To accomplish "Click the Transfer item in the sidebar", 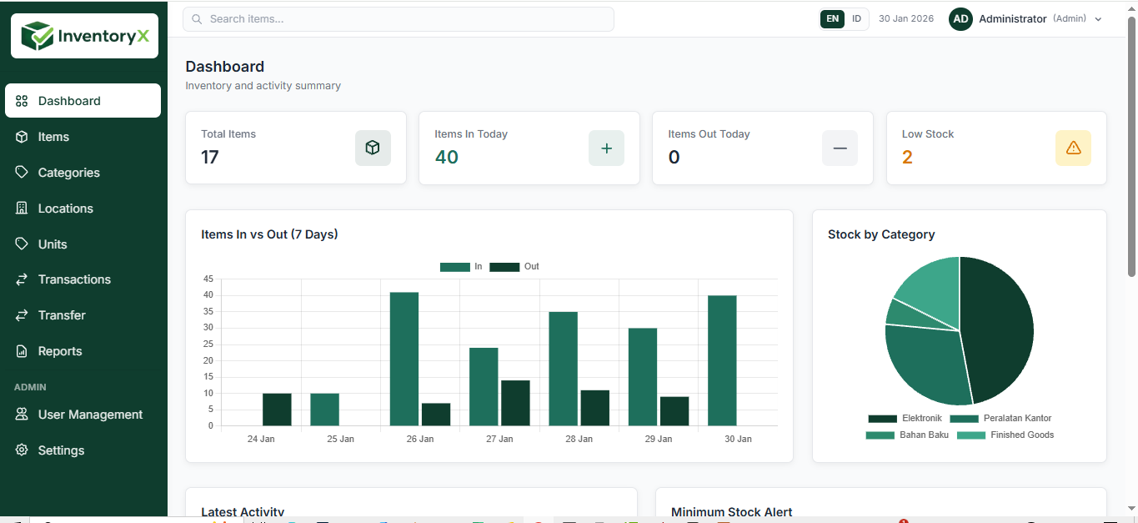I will click(x=62, y=315).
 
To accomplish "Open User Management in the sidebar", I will click(x=90, y=415).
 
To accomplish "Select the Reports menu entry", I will click(x=60, y=351).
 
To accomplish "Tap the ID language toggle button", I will click(x=856, y=19).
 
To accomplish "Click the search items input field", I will click(x=399, y=19).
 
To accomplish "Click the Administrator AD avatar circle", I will click(x=960, y=19).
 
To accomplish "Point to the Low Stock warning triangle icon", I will click(x=1073, y=148).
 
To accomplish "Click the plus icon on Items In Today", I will click(x=606, y=148).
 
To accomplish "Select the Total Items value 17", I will click(x=210, y=157).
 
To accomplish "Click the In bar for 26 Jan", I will click(x=404, y=359).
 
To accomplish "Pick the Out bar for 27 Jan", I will click(x=515, y=403).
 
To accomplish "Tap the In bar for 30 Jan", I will click(x=722, y=360).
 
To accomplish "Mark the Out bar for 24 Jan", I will click(x=277, y=410).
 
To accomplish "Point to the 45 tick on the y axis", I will click(x=208, y=279).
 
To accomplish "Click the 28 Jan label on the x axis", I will click(x=579, y=439).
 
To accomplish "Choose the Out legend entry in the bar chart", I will click(x=514, y=267).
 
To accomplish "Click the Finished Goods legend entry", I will click(x=1005, y=435).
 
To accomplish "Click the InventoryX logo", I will click(x=84, y=36).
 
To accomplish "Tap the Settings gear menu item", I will click(x=61, y=450).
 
